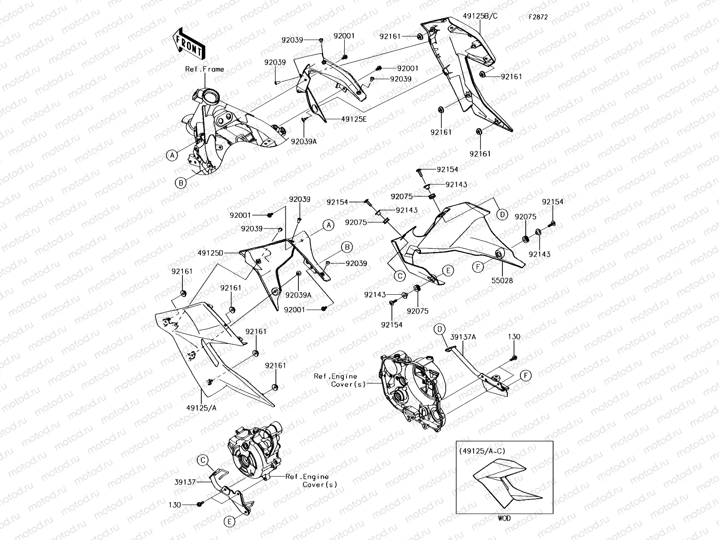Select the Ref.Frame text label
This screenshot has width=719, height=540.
[204, 69]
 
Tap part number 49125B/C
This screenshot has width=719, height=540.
[480, 16]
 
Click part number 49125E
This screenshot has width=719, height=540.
[354, 119]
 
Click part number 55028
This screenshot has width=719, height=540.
[501, 280]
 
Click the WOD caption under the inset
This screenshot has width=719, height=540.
[504, 518]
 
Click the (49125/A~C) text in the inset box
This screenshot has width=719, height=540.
[479, 450]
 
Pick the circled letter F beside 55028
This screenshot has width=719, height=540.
[479, 267]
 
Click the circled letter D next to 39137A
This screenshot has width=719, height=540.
[439, 329]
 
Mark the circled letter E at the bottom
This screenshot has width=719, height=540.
[230, 522]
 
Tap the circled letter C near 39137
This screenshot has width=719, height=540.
[203, 460]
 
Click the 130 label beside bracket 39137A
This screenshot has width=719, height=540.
[514, 337]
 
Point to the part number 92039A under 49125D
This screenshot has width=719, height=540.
[298, 295]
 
